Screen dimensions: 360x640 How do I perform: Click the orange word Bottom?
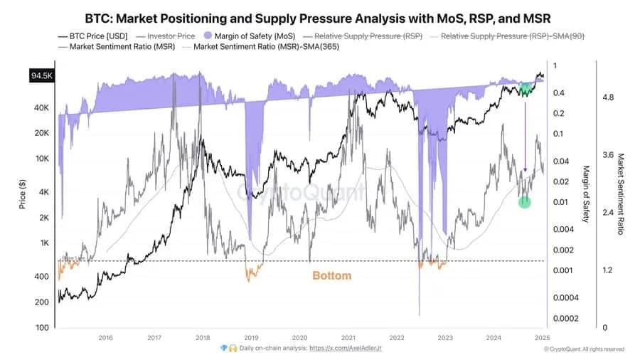click(331, 275)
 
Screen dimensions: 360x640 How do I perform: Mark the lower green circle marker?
click(525, 202)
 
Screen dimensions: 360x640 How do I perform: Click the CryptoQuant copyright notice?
click(585, 349)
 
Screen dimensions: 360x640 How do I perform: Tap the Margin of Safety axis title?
click(587, 194)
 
